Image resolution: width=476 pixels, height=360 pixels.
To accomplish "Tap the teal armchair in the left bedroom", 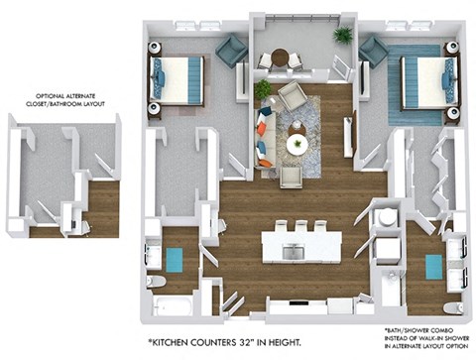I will (x=230, y=50).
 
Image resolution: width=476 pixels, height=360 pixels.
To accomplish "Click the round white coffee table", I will (x=297, y=145).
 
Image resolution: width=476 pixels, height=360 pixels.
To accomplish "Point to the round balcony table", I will (x=281, y=57).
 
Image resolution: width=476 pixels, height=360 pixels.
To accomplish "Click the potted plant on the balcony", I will (x=343, y=36).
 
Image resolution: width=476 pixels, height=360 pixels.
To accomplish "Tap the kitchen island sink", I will (x=292, y=252).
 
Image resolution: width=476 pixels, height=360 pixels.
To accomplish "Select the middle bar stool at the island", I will (x=298, y=227).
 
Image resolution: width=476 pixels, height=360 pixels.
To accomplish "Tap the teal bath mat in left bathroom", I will (x=175, y=260).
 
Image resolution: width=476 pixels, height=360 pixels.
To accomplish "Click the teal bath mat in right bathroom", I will (x=432, y=266).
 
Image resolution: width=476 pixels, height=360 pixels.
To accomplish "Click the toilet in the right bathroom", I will (x=451, y=306).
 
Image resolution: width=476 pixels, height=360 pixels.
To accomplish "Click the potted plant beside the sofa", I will (x=263, y=90).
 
